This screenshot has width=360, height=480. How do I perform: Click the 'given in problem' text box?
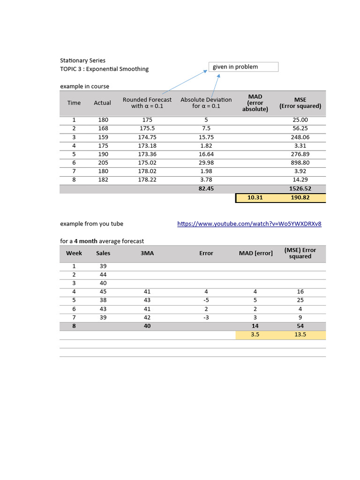point(243,67)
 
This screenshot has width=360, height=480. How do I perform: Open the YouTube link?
point(249,224)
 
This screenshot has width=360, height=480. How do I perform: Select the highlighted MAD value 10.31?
point(255,198)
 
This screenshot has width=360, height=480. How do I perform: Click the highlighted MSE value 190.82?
point(300,198)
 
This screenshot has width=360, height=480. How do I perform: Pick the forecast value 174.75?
point(147,137)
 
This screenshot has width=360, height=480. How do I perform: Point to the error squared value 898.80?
point(300,163)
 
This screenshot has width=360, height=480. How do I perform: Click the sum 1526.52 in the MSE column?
point(300,188)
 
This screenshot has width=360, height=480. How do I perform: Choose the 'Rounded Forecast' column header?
point(147,103)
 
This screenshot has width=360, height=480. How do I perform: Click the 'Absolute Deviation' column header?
point(206,103)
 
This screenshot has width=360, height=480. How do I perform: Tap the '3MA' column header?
point(147,253)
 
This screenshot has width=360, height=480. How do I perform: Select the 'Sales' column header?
point(103,253)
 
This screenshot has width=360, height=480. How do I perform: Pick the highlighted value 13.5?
point(300,335)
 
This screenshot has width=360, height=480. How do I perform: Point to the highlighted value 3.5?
point(255,335)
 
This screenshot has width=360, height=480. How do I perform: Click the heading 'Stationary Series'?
point(82,60)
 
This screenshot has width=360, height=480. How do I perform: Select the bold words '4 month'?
point(89,241)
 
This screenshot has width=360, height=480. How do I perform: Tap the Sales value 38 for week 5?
point(103,300)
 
